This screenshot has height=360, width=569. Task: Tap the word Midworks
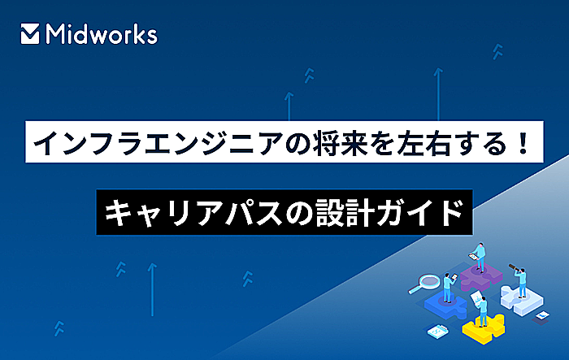pyautogui.click(x=102, y=34)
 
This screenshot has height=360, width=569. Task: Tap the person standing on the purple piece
pyautogui.click(x=480, y=257)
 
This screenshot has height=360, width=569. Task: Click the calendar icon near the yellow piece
pyautogui.click(x=438, y=330)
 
